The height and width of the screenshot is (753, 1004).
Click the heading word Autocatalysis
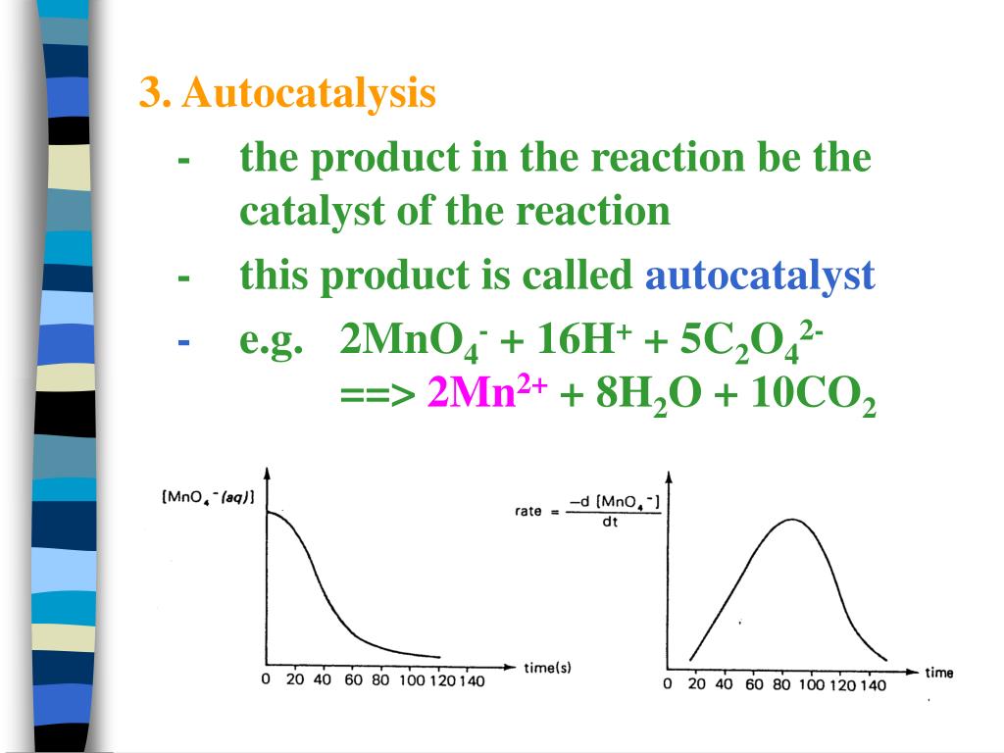click(308, 95)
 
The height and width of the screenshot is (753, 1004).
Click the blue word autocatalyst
click(759, 277)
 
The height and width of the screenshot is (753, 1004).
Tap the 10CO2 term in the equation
click(813, 395)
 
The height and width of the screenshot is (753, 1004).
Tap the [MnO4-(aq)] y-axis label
click(207, 497)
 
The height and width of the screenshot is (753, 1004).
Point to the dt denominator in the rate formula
click(610, 523)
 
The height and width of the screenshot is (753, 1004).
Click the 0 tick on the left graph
click(265, 681)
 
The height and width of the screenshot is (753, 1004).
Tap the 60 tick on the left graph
click(352, 681)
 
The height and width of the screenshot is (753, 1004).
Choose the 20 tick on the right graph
click(697, 684)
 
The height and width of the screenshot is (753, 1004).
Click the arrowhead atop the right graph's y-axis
click(670, 477)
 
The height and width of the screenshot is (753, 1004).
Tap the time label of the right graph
click(938, 673)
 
